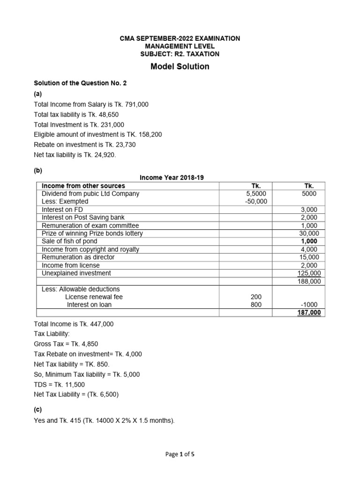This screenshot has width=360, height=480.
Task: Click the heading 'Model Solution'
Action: pos(180,67)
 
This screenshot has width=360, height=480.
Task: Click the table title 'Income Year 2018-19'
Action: pos(172,177)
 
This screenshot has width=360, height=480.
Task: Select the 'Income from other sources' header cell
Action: pos(83,186)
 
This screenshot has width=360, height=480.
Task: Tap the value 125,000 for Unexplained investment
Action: pos(309,273)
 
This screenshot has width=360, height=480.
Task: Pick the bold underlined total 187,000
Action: pos(309,313)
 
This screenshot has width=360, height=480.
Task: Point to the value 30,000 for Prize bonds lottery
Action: pos(309,233)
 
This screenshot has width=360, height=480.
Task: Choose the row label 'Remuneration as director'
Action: pos(78,257)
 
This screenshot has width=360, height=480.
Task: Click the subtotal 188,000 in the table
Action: pos(309,281)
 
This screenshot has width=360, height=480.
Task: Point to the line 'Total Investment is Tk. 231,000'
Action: pos(79,125)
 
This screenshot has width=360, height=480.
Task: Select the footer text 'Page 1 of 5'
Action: pos(180,454)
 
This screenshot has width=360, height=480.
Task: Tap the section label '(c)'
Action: pos(38,409)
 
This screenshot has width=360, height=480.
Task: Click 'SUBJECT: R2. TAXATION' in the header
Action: pos(180,54)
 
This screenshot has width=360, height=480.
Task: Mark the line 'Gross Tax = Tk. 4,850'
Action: pos(66,344)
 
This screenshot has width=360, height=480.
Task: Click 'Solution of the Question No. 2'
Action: pos(80,83)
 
